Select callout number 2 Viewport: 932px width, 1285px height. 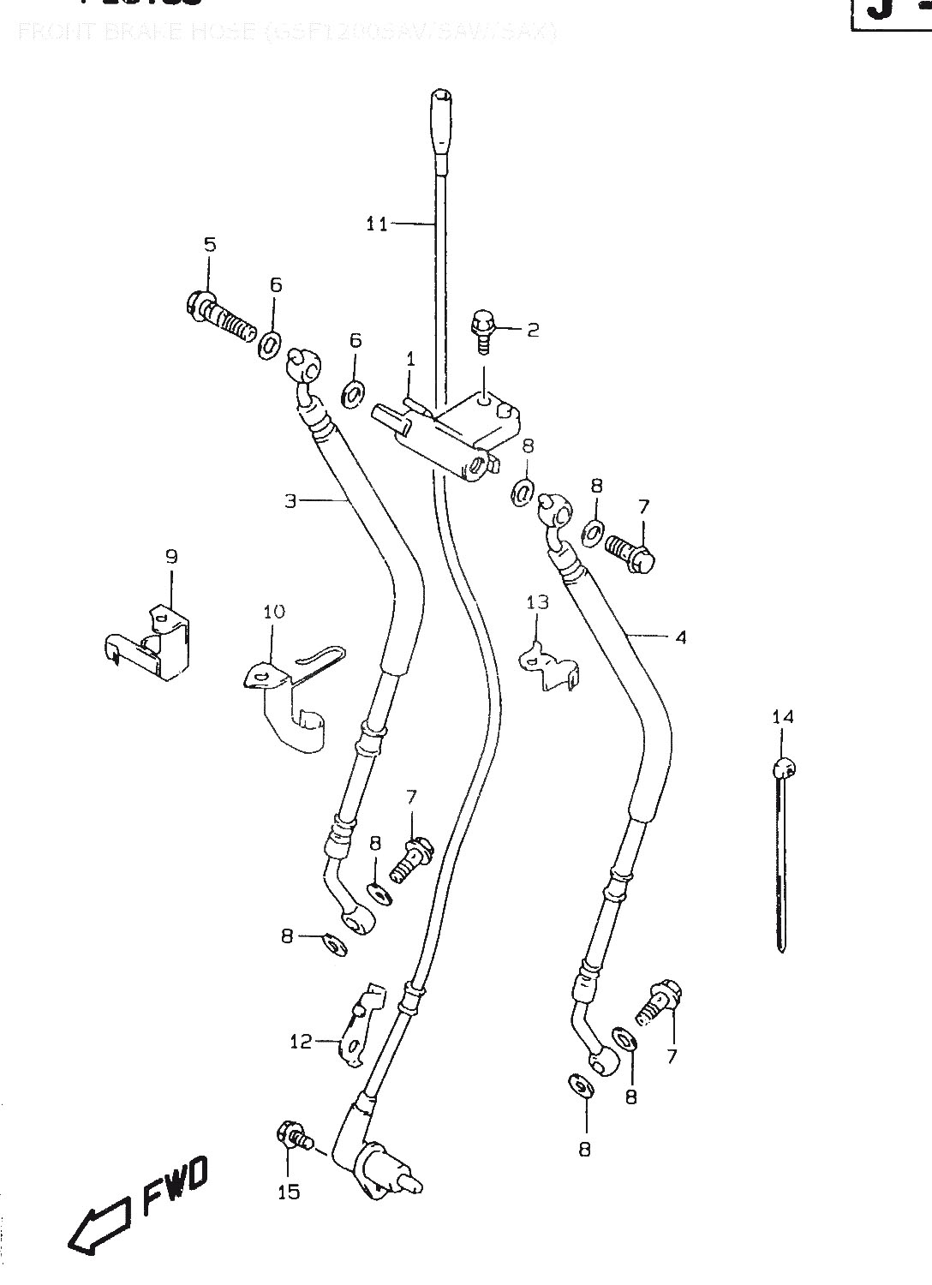(x=533, y=329)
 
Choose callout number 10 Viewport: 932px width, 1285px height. (x=274, y=612)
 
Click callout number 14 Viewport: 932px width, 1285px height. (x=783, y=716)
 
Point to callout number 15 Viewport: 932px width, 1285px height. (x=290, y=1192)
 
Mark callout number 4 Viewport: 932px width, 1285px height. (x=681, y=637)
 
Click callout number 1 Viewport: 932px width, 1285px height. (x=410, y=359)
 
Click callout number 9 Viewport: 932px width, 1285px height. (x=170, y=557)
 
